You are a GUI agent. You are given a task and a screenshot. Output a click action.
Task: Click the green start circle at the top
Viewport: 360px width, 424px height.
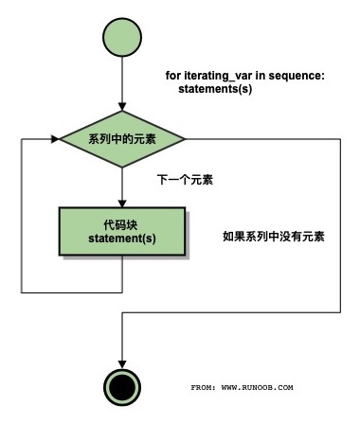click(x=122, y=37)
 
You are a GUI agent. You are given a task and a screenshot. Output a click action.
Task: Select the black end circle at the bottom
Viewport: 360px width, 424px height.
click(x=122, y=385)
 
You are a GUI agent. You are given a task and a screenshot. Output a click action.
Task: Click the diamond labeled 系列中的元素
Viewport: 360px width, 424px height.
click(x=122, y=138)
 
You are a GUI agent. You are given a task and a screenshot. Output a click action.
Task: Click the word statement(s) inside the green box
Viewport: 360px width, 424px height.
click(x=122, y=238)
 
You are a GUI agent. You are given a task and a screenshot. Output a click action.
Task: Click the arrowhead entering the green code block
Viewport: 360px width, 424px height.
click(x=122, y=203)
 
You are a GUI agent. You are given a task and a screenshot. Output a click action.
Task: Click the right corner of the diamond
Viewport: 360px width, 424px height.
click(x=186, y=138)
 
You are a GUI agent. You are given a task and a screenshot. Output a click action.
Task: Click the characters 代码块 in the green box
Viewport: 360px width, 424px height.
click(x=122, y=224)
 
